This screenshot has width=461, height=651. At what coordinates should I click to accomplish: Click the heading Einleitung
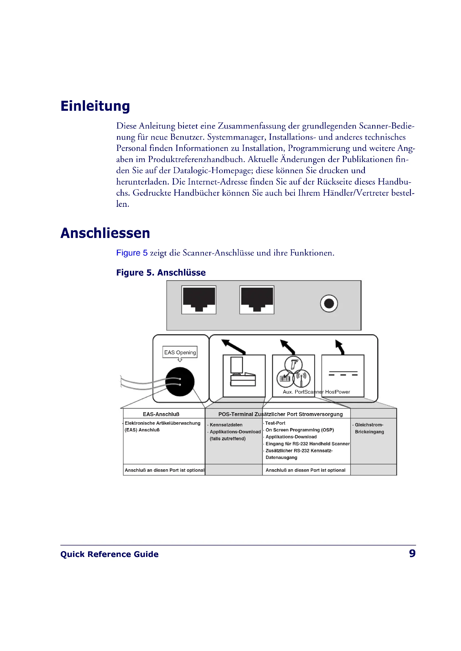click(95, 106)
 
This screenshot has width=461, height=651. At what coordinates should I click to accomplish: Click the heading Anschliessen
click(105, 233)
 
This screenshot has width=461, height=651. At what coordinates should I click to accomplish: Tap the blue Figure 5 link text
click(132, 253)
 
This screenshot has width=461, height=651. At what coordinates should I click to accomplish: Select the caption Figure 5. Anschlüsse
click(161, 272)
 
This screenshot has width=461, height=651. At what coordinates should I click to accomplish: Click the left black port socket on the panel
click(199, 299)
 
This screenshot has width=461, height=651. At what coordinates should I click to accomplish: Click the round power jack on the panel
click(329, 303)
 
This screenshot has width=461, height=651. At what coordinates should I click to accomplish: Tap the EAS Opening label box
click(180, 352)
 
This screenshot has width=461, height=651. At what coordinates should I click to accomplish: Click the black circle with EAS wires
click(180, 382)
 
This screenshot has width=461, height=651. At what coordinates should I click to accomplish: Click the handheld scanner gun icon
click(294, 364)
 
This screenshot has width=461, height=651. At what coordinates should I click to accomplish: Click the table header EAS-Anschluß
click(161, 414)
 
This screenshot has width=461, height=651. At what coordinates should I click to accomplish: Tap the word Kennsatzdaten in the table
click(226, 425)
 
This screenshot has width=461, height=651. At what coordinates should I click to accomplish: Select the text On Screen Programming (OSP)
click(299, 430)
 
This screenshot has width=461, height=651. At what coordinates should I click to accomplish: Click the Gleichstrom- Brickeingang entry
click(369, 428)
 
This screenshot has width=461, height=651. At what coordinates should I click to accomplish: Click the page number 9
click(412, 554)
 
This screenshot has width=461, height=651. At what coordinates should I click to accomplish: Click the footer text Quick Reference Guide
click(109, 554)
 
